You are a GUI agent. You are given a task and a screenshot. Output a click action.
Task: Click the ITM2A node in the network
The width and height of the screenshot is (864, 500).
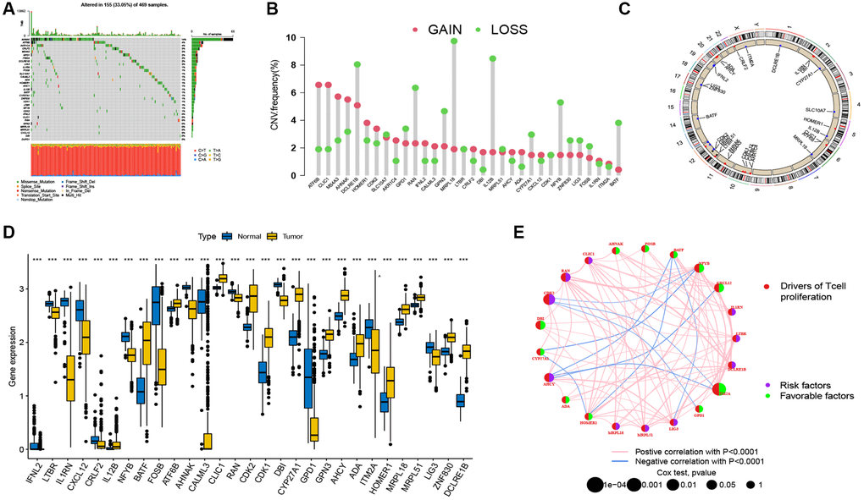click(718, 390)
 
